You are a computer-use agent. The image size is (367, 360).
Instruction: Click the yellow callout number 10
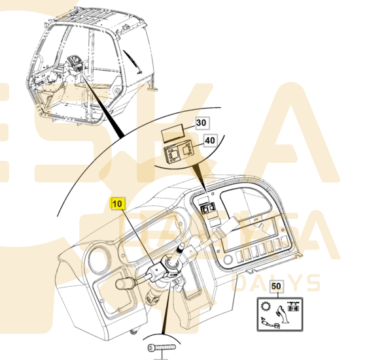[x=117, y=203]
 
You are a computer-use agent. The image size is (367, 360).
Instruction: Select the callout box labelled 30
[x=201, y=122]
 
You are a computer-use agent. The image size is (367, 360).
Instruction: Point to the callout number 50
[x=275, y=286]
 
